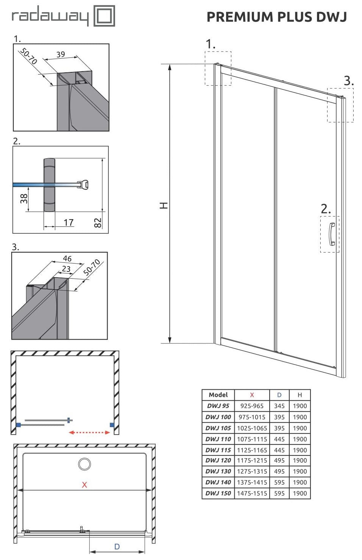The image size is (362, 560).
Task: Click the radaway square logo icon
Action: point(104,16)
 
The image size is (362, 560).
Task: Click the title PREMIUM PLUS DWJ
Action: point(277,17)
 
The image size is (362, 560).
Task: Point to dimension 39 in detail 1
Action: point(61,54)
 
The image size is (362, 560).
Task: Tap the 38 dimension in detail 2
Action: point(24,199)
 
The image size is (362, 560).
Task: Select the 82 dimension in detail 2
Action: point(98,223)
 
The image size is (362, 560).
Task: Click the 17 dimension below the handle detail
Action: point(69,222)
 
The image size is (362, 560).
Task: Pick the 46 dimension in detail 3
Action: point(67,258)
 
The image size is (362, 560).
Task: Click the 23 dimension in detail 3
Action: point(66,269)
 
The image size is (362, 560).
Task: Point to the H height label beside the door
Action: point(164,206)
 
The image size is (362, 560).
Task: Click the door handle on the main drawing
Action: point(332,234)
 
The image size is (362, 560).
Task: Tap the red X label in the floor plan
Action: point(84,485)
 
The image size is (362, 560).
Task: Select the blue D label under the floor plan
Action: point(117,546)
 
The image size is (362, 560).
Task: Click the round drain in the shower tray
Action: point(84,464)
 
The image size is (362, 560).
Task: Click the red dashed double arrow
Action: point(89,432)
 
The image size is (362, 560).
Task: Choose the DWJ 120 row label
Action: point(218,460)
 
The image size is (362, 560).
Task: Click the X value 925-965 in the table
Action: point(252,406)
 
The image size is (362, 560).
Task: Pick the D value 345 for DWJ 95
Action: point(279,406)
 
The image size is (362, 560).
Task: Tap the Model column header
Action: point(218,395)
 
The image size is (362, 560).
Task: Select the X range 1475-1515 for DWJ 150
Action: point(252,493)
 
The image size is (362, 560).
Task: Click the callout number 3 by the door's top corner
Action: point(348,81)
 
